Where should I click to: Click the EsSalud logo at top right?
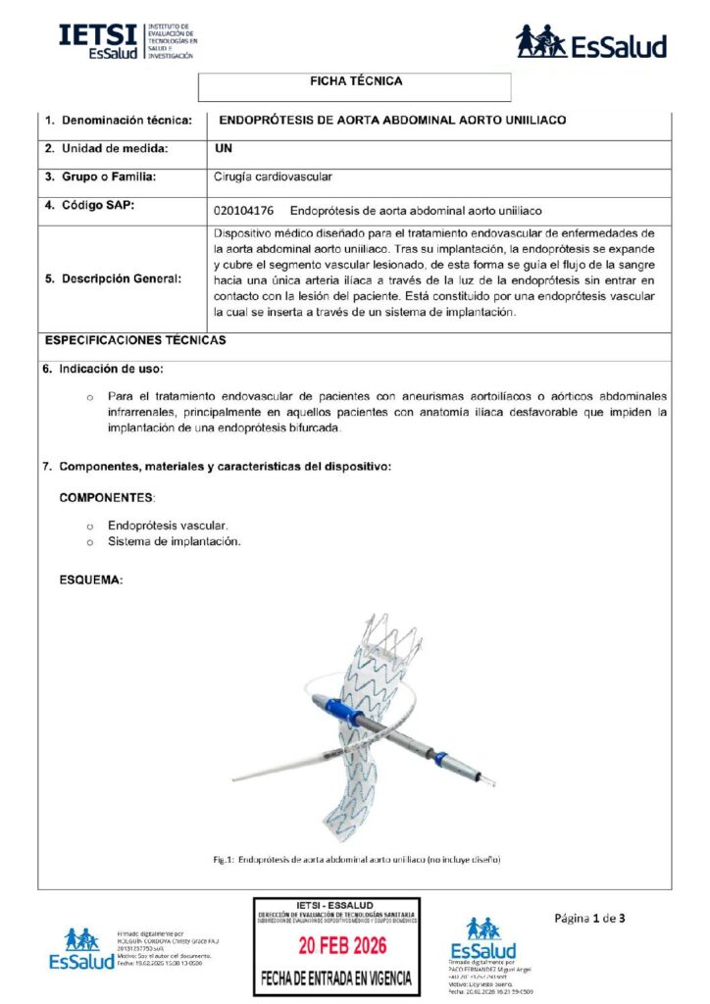[x=590, y=42]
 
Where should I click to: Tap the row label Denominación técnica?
[x=119, y=121]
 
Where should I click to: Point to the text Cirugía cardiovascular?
[x=273, y=177]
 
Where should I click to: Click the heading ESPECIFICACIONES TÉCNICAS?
[x=135, y=341]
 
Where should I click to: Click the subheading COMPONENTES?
[x=107, y=498]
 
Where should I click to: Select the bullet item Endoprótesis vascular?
[x=168, y=526]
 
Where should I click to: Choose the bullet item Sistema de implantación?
[x=174, y=541]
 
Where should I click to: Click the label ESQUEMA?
[x=91, y=580]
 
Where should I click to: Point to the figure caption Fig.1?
[x=357, y=859]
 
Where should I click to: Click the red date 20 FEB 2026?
[x=336, y=946]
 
